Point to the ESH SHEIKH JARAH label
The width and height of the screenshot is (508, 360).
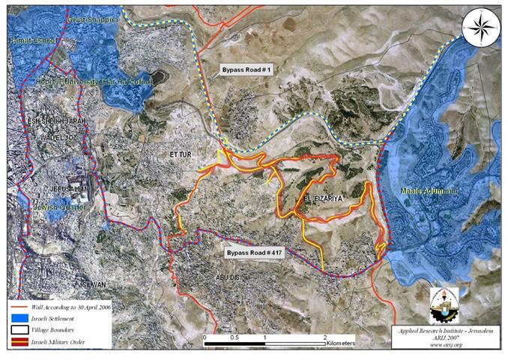[x=55, y=121]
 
